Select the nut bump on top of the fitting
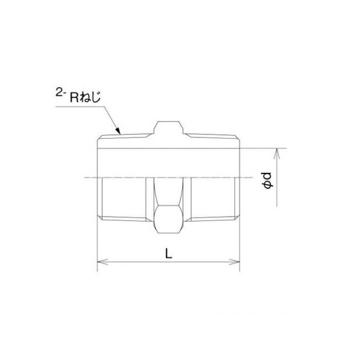tap(168, 127)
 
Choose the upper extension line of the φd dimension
tap(262, 147)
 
